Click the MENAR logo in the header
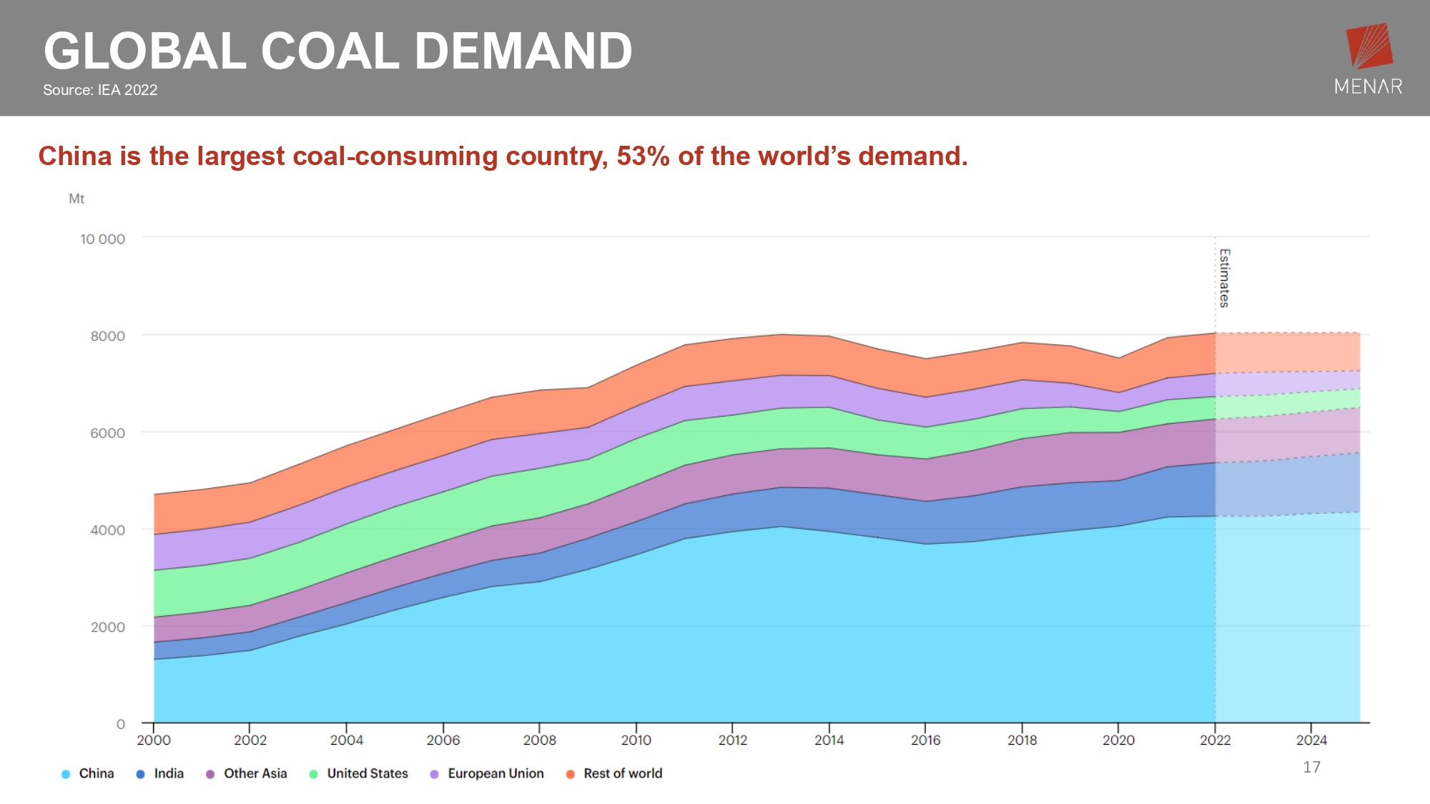point(1369,59)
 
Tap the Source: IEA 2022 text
point(100,90)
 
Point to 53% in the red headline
point(643,157)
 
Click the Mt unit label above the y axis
point(77,199)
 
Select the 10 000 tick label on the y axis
point(102,239)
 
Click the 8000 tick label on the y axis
point(107,336)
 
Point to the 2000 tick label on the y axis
point(107,627)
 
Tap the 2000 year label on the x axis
point(154,740)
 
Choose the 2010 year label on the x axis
point(636,740)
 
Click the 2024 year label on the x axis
point(1311,740)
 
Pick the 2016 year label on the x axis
point(925,740)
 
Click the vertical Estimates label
point(1224,278)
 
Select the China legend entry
point(88,773)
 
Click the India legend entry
point(160,773)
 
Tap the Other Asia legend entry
point(247,773)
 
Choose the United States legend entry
point(359,773)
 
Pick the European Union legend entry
point(487,773)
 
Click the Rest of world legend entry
point(614,773)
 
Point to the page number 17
point(1311,767)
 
